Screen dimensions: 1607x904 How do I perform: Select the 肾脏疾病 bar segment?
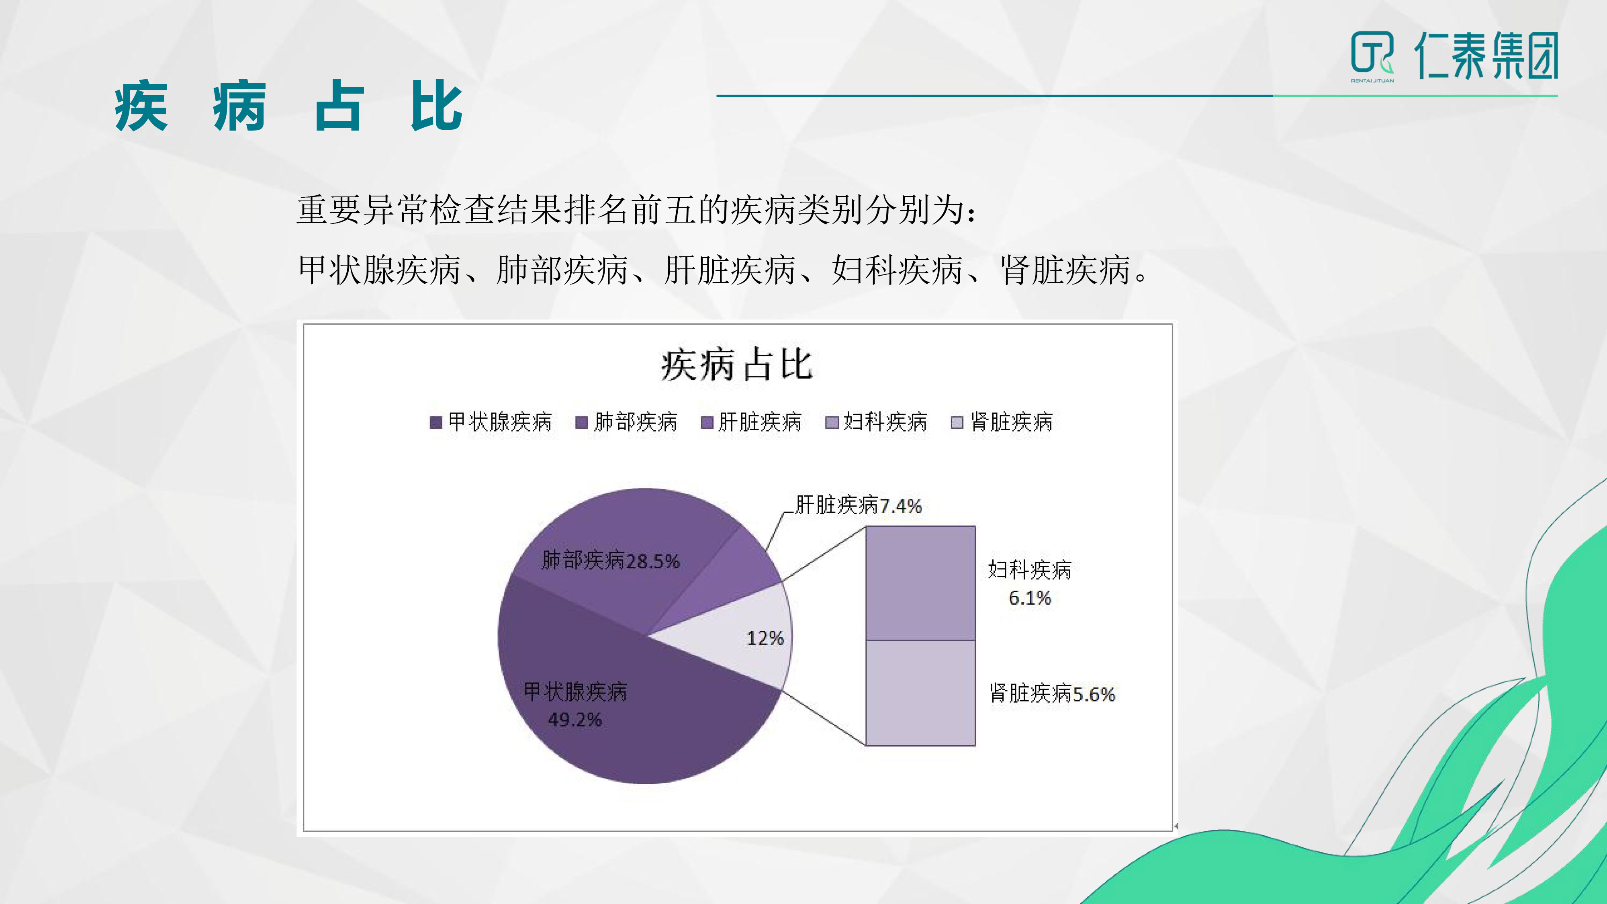[920, 693]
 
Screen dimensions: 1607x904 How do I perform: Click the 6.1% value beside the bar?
[1030, 598]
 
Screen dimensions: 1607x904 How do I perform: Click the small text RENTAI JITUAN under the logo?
[1372, 80]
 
